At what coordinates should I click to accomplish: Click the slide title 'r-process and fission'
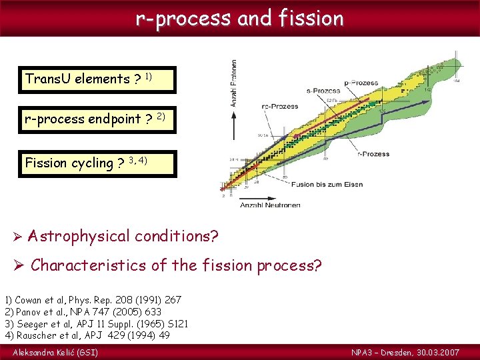(x=239, y=18)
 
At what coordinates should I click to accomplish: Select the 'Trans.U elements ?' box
(x=98, y=79)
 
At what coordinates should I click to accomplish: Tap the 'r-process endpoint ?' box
(x=98, y=120)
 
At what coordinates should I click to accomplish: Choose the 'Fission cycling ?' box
(x=98, y=163)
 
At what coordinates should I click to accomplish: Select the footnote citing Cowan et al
(x=93, y=301)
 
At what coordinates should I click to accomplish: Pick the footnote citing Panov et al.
(x=83, y=312)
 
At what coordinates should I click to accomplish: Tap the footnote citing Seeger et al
(x=97, y=323)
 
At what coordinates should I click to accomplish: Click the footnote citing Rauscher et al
(x=87, y=335)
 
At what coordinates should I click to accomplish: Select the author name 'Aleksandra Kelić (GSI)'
(x=55, y=351)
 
